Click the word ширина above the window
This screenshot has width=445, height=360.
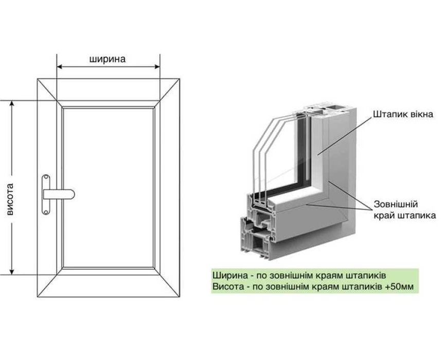pos(108,59)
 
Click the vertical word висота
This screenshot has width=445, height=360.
pos(10,199)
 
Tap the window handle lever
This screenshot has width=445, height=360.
pos(59,194)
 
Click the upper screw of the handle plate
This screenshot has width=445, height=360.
pos(46,178)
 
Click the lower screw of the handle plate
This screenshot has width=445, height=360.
pos(46,211)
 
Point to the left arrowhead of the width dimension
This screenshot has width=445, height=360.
pos(60,67)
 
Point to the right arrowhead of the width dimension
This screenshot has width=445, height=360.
pos(157,67)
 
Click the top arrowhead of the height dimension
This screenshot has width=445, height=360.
pos(12,104)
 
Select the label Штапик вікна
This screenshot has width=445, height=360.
pos(403,114)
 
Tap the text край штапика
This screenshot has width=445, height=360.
pos(405,215)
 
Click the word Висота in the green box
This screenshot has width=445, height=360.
pos(227,286)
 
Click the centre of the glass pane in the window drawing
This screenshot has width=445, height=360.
pos(108,187)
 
